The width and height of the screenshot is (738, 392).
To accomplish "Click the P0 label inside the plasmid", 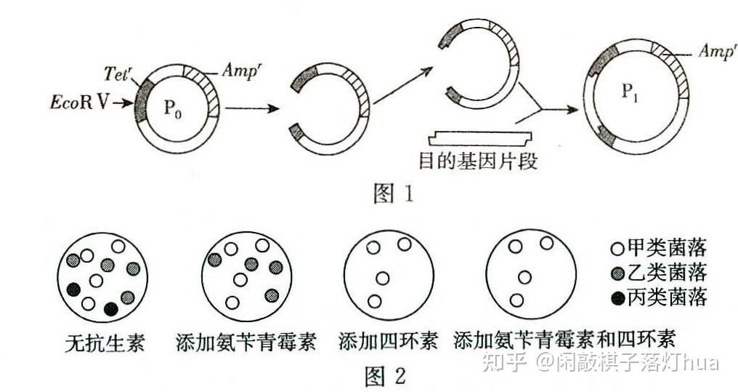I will (x=174, y=109).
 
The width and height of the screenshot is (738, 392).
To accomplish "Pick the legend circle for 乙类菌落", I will (x=617, y=273).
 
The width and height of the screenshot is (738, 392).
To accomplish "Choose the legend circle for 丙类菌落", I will (x=617, y=297).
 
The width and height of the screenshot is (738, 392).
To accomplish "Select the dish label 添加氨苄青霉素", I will (x=246, y=341).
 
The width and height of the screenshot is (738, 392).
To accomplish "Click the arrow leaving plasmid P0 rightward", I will (x=251, y=110).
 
